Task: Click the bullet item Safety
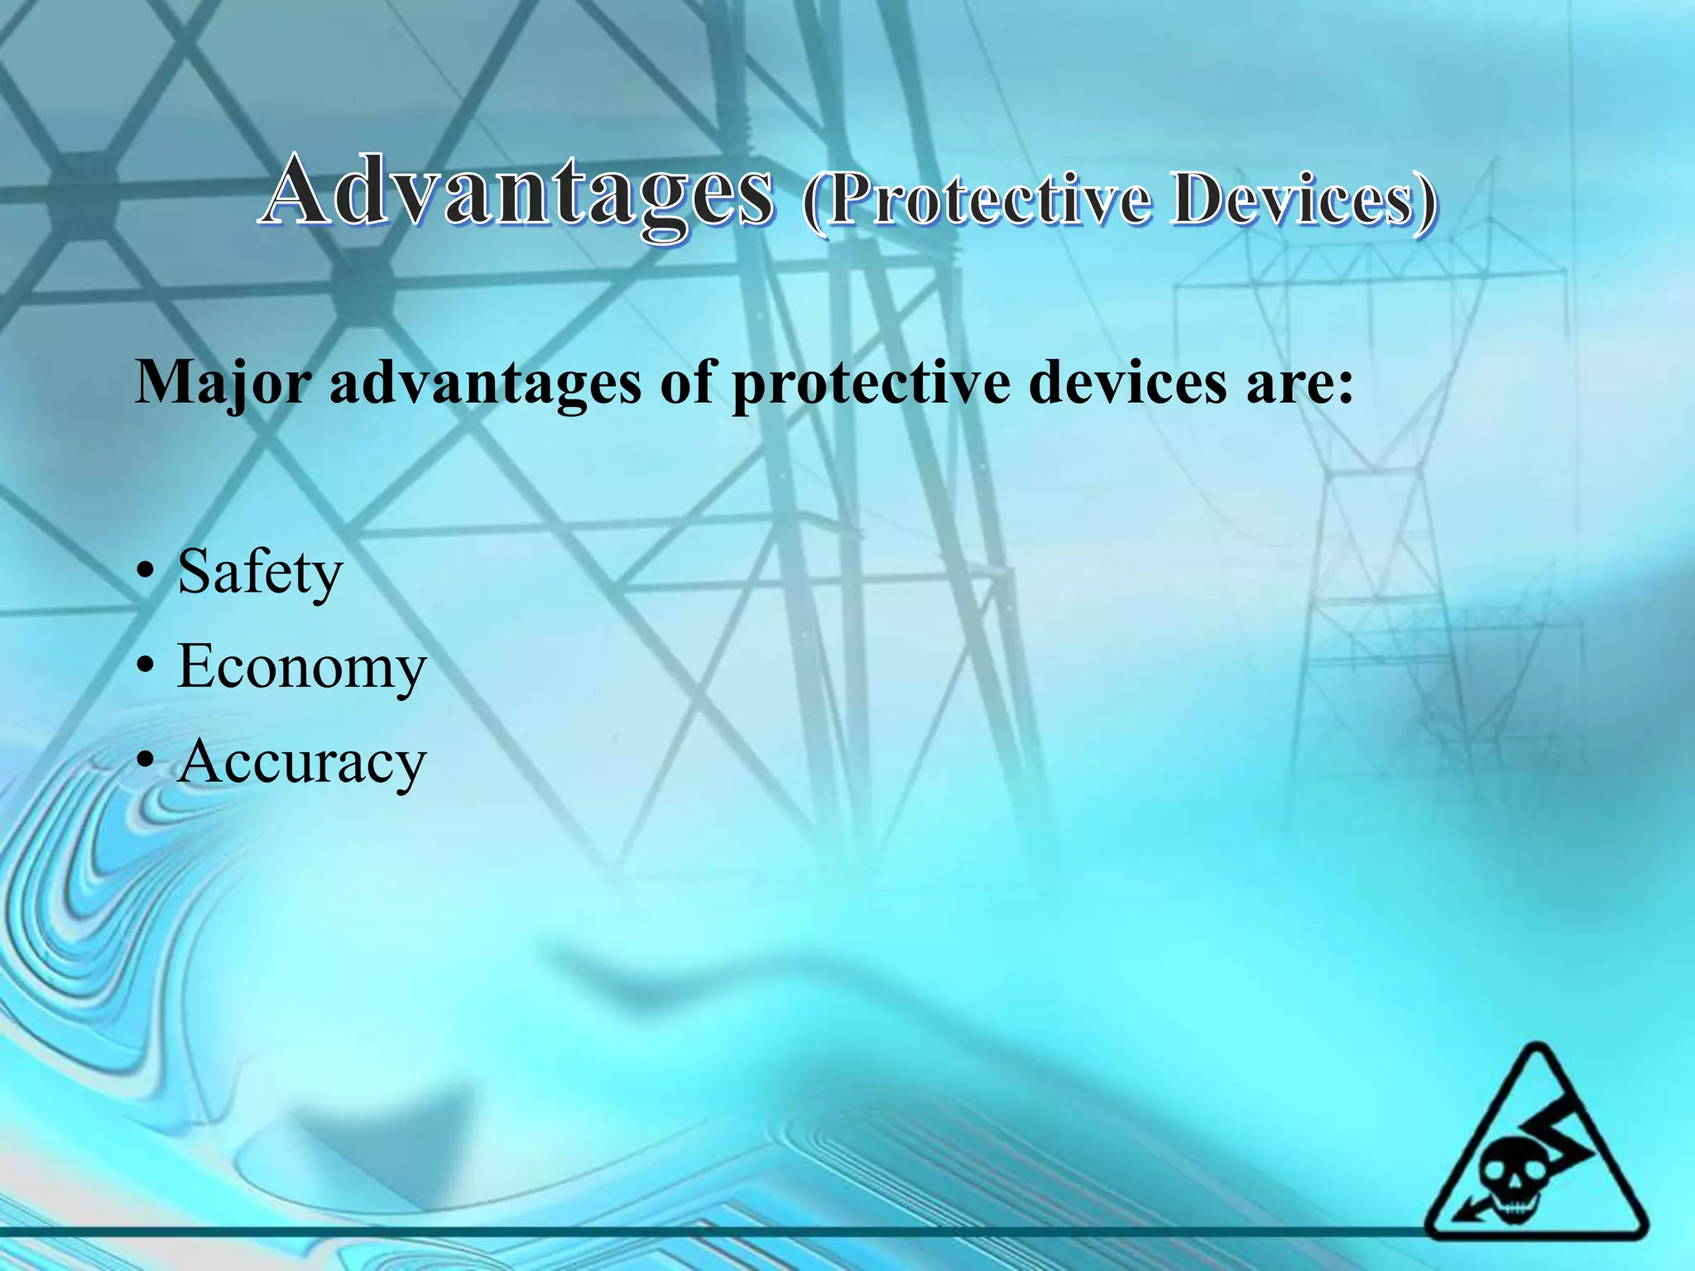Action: [x=259, y=573]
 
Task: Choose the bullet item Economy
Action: [x=301, y=667]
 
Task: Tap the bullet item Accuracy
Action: [x=301, y=761]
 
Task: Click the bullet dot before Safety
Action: [x=146, y=573]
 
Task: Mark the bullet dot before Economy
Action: [x=146, y=667]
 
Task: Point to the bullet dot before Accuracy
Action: [x=146, y=761]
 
